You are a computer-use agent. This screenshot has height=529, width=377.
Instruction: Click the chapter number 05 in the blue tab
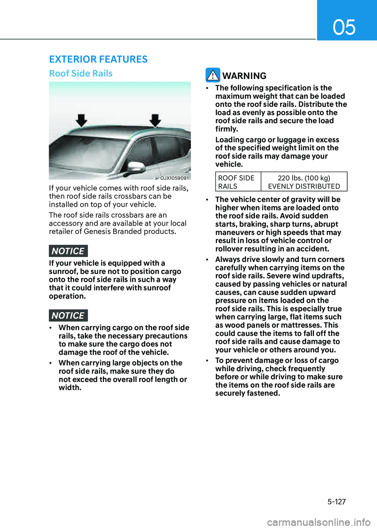[344, 27]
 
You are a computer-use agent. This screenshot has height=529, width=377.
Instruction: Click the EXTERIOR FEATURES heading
[98, 59]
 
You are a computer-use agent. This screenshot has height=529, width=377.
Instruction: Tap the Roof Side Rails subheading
[81, 73]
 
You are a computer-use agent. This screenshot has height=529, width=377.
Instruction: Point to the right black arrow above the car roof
[156, 120]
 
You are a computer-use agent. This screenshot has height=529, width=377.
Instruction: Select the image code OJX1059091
[174, 178]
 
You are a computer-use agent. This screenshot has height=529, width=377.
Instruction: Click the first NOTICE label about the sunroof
[68, 251]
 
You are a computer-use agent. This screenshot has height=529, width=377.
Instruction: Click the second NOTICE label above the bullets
[68, 316]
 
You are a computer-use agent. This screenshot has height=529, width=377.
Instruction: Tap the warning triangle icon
[213, 75]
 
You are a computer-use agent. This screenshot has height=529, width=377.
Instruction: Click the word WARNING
[244, 76]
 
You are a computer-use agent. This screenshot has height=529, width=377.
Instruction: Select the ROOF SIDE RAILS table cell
[237, 182]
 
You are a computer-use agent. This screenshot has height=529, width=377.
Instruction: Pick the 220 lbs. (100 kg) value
[304, 178]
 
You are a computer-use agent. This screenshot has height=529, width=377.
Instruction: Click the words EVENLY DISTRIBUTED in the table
[304, 186]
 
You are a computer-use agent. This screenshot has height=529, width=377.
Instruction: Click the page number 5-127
[337, 501]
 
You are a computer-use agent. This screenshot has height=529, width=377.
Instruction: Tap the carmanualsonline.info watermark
[318, 522]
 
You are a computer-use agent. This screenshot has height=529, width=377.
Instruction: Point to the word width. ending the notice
[70, 388]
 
